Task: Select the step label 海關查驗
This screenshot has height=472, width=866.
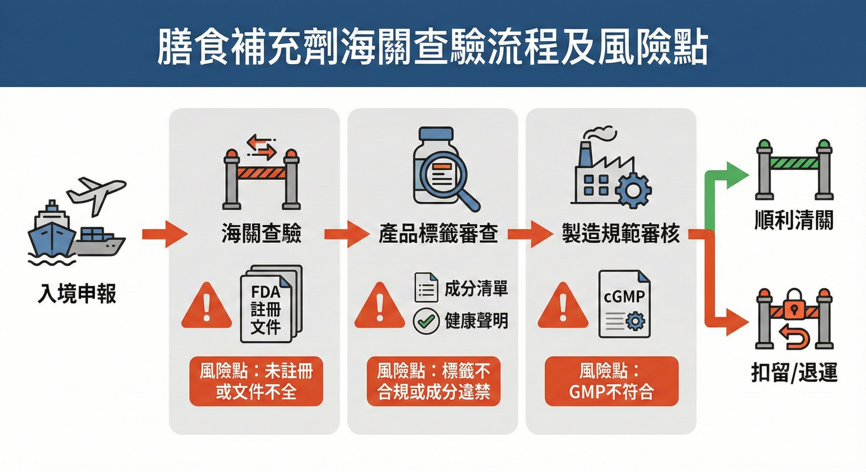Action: (261, 233)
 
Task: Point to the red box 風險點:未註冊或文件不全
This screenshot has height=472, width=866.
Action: (256, 381)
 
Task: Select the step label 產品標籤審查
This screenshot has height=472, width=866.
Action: (438, 233)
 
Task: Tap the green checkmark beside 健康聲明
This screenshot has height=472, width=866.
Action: (426, 321)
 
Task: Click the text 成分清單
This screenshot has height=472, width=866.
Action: (476, 289)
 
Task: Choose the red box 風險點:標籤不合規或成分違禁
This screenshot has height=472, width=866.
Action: (433, 381)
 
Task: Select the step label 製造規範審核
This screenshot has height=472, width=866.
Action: (620, 233)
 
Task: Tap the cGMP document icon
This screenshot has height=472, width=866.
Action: (624, 304)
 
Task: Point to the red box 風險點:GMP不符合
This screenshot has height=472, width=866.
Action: (611, 381)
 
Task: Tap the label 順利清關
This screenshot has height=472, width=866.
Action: (794, 220)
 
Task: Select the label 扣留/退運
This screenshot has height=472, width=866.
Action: (794, 373)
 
